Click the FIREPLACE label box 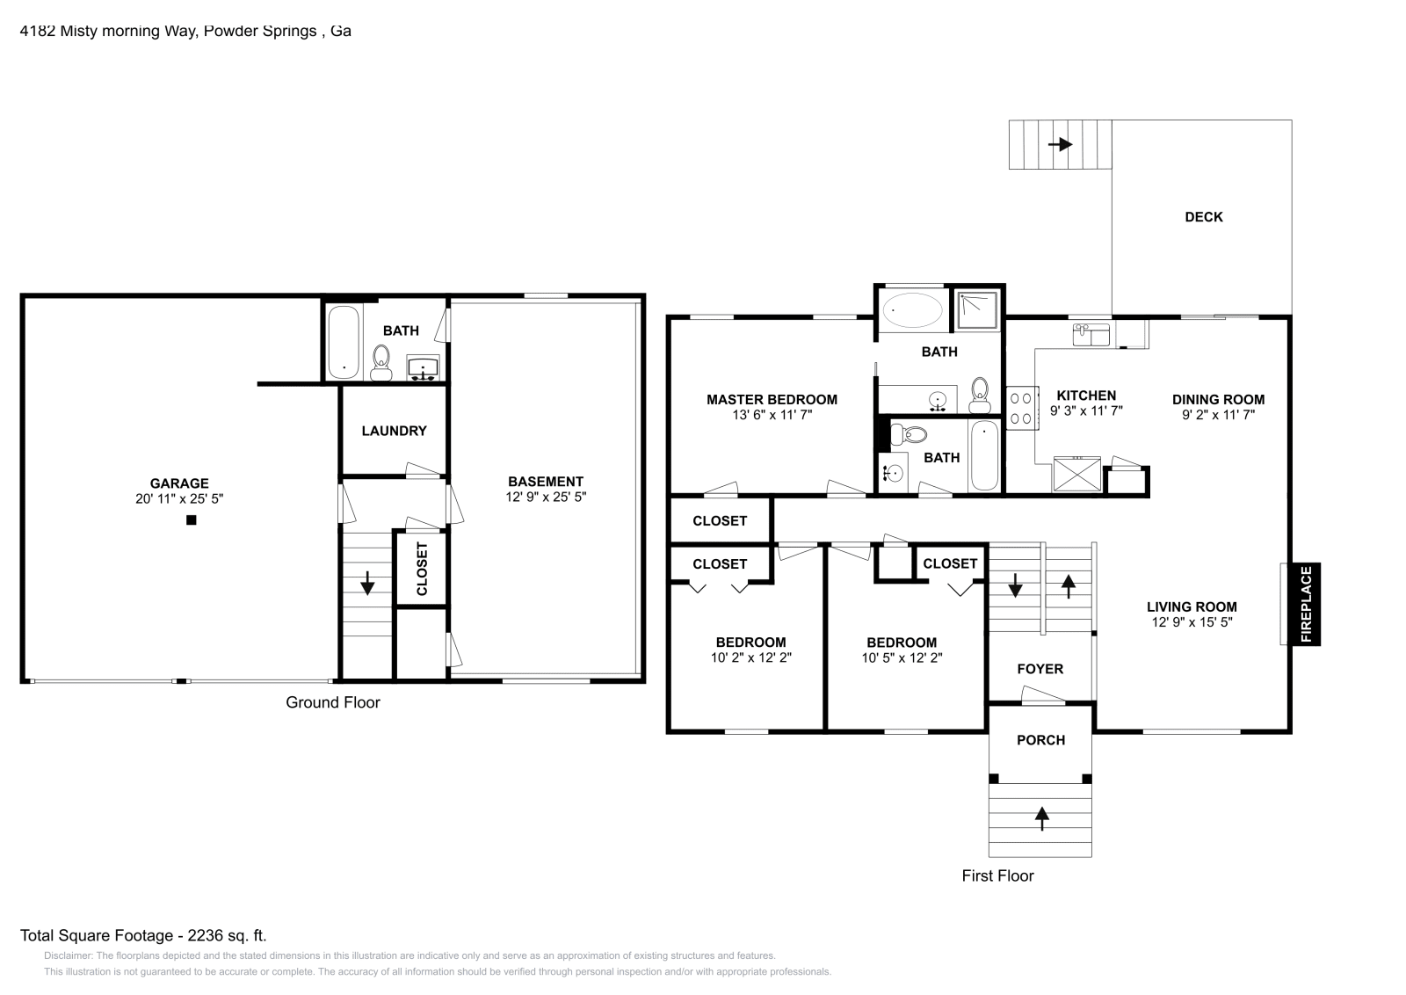(1306, 605)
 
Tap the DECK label (1203, 217)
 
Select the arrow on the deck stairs (1061, 144)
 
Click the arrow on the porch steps (1041, 818)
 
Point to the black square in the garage (191, 520)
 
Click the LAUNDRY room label (394, 431)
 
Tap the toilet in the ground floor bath (381, 361)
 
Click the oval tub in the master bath (912, 309)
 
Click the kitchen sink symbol (1091, 334)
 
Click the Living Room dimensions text (1192, 622)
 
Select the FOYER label (1040, 669)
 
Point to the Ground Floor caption (332, 702)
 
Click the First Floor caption (997, 875)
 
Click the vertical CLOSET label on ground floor (422, 569)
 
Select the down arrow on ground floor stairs (366, 582)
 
